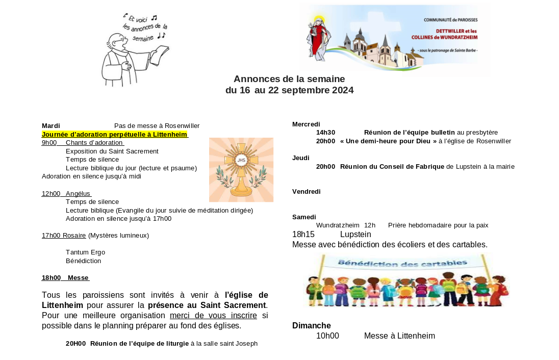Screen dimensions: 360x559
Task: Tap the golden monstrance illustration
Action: pyautogui.click(x=241, y=170)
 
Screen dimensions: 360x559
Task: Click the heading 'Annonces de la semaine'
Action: pyautogui.click(x=289, y=79)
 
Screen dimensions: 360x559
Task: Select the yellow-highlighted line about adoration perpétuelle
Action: pyautogui.click(x=115, y=134)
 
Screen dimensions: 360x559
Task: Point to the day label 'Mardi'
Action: pyautogui.click(x=51, y=125)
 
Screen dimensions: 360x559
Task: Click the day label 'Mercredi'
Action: pyautogui.click(x=306, y=124)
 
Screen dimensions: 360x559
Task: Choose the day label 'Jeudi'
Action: pyautogui.click(x=301, y=158)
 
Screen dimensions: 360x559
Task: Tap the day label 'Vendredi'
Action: pyautogui.click(x=306, y=191)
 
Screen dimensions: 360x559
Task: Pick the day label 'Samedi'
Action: pyautogui.click(x=304, y=217)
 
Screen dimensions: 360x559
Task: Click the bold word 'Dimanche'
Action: pyautogui.click(x=311, y=325)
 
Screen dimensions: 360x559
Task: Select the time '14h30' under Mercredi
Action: pyautogui.click(x=325, y=132)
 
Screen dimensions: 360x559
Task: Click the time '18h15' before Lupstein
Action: pyautogui.click(x=303, y=234)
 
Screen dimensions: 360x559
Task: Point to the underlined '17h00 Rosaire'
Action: pyautogui.click(x=64, y=235)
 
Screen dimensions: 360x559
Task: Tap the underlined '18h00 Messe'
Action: pyautogui.click(x=65, y=277)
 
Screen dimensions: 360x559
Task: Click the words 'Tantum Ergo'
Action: pyautogui.click(x=85, y=252)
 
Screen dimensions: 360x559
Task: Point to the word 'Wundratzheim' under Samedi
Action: pyautogui.click(x=338, y=225)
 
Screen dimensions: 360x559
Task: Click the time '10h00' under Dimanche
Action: pyautogui.click(x=327, y=336)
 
